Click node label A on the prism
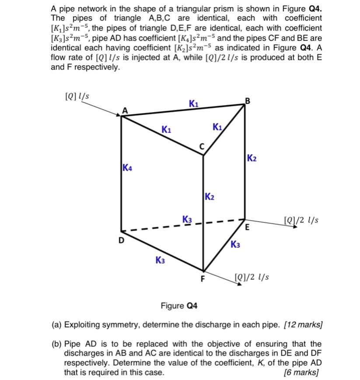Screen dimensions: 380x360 coord(125,111)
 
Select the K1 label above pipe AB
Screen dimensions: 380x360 coord(193,103)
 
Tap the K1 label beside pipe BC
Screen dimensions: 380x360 coord(218,127)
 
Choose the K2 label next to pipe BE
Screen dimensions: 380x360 coord(252,158)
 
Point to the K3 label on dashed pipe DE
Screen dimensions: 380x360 coord(187,218)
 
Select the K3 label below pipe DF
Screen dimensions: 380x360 coord(160,260)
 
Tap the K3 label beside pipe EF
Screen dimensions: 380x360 coord(235,244)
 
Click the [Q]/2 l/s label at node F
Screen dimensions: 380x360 coord(252,277)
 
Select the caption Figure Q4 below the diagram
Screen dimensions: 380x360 coord(179,305)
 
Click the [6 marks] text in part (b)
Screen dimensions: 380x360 coord(302,372)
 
